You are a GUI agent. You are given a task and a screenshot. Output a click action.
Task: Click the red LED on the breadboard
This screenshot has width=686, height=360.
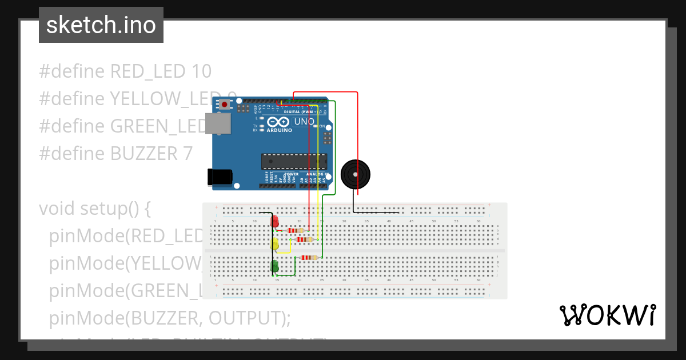point(274,221)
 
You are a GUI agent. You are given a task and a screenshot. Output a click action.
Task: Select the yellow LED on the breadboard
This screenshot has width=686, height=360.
point(275,245)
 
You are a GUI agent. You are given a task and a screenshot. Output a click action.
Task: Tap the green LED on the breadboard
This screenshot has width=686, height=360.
point(275,266)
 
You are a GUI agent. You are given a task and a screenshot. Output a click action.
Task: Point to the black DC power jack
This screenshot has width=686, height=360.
point(221,177)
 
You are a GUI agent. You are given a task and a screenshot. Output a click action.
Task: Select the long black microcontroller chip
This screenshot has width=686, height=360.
point(294,162)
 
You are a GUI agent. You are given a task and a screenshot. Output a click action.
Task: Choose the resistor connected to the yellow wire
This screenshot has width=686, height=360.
point(305,239)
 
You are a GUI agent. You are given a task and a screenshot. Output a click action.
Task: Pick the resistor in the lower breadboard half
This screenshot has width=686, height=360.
point(309,258)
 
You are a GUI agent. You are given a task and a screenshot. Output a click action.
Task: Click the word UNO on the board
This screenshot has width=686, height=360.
point(304,122)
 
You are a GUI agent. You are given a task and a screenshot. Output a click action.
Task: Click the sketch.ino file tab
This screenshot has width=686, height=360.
point(101,25)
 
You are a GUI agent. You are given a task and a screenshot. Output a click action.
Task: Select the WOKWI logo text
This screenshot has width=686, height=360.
point(608,315)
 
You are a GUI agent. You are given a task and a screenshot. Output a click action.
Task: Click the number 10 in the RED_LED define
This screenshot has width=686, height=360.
point(200,71)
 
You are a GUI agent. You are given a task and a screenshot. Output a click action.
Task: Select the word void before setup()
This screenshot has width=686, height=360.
point(57,209)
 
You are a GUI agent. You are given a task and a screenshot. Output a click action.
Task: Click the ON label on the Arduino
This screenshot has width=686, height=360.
point(322,126)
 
